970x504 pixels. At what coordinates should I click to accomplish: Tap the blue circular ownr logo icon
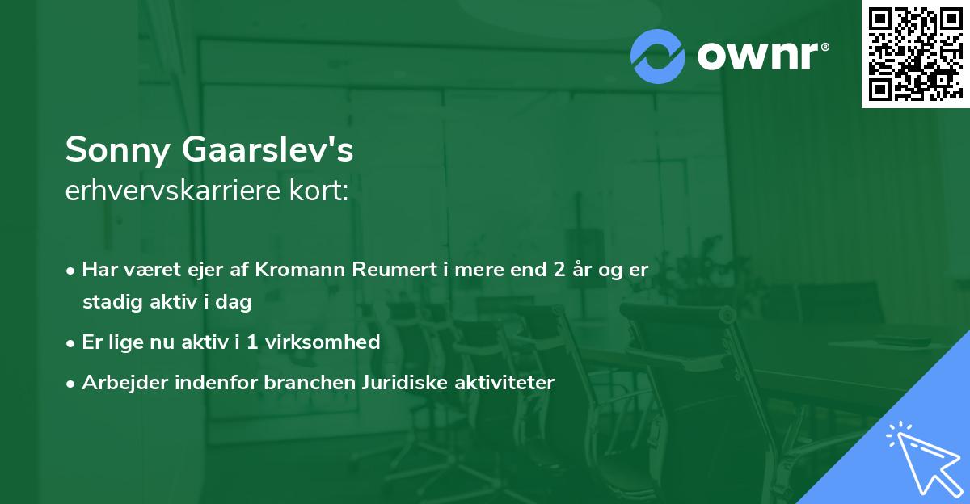[x=659, y=55]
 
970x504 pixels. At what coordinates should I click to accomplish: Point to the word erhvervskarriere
[x=176, y=192]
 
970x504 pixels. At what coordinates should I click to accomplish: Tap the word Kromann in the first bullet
[x=300, y=270]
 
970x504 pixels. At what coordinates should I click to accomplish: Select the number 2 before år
[x=559, y=270]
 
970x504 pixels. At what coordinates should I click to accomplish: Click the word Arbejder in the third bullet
[x=118, y=383]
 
